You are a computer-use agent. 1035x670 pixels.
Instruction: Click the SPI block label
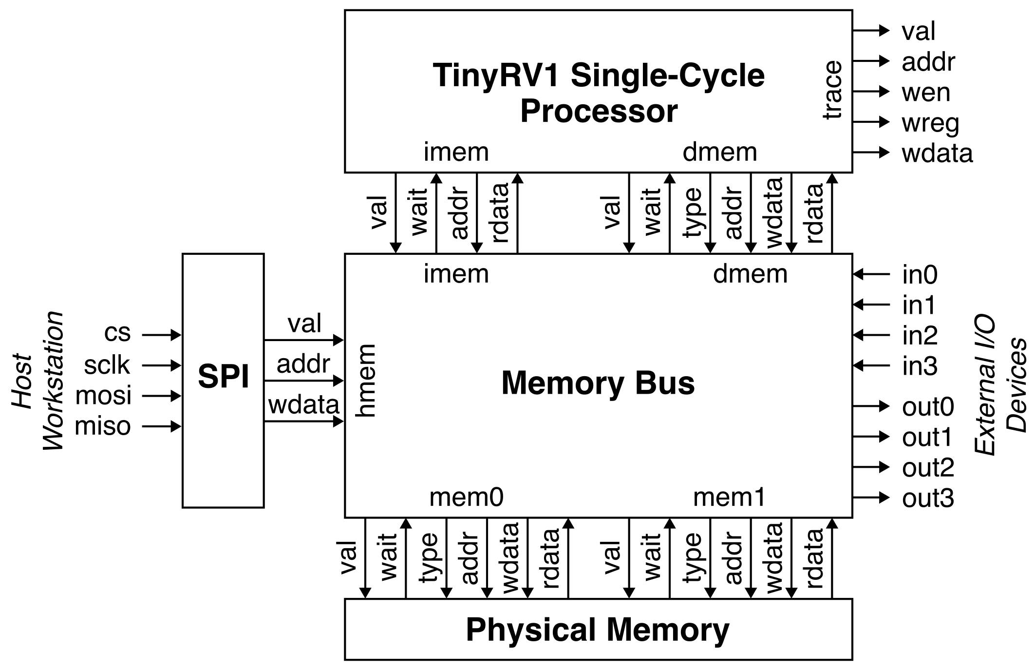coord(224,377)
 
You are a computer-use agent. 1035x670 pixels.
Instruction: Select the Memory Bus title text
coord(598,383)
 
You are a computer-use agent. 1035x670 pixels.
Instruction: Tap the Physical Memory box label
coord(598,630)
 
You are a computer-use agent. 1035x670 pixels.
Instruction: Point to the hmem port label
coord(366,381)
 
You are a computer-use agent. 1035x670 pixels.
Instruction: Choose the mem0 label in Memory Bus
coord(466,498)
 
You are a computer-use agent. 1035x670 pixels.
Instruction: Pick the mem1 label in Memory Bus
coord(729,498)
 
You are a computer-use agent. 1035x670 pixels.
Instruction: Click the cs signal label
coord(117,333)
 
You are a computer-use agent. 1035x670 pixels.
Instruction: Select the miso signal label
coord(103,426)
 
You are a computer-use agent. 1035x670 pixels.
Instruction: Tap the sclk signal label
coord(107,365)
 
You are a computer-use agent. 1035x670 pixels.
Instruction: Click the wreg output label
coord(930,123)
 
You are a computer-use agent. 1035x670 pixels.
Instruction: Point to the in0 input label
coord(920,275)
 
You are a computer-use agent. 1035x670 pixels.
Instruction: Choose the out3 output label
coord(928,498)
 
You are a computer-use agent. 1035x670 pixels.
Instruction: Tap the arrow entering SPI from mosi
coord(162,396)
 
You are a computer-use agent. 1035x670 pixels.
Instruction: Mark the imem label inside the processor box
coord(456,152)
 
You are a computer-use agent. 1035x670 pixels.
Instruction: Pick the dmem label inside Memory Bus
coord(750,274)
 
